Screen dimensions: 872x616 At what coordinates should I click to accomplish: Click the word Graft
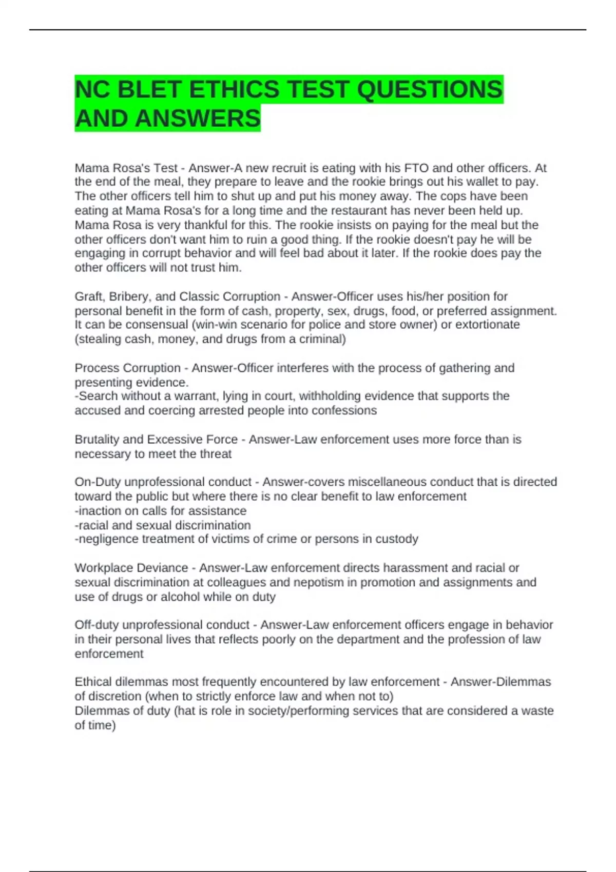pyautogui.click(x=88, y=296)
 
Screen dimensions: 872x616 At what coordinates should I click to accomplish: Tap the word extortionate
pyautogui.click(x=488, y=325)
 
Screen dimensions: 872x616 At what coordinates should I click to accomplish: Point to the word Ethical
pyautogui.click(x=93, y=682)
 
